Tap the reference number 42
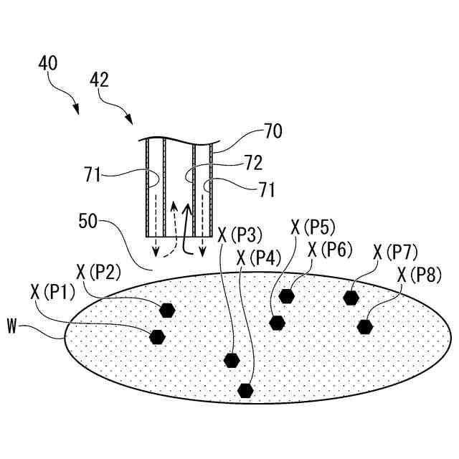[x=100, y=80]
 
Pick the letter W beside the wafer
[x=11, y=327]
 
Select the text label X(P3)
[x=240, y=234]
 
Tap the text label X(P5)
[x=312, y=228]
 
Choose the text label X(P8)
[x=420, y=275]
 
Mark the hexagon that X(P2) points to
[x=167, y=310]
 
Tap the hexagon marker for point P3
[x=232, y=360]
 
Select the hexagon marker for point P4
[x=246, y=390]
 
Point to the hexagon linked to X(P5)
[x=278, y=322]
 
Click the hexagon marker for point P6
[x=287, y=295]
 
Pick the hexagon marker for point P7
[x=351, y=297]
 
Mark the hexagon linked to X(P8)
[x=365, y=327]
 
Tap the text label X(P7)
[x=395, y=252]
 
